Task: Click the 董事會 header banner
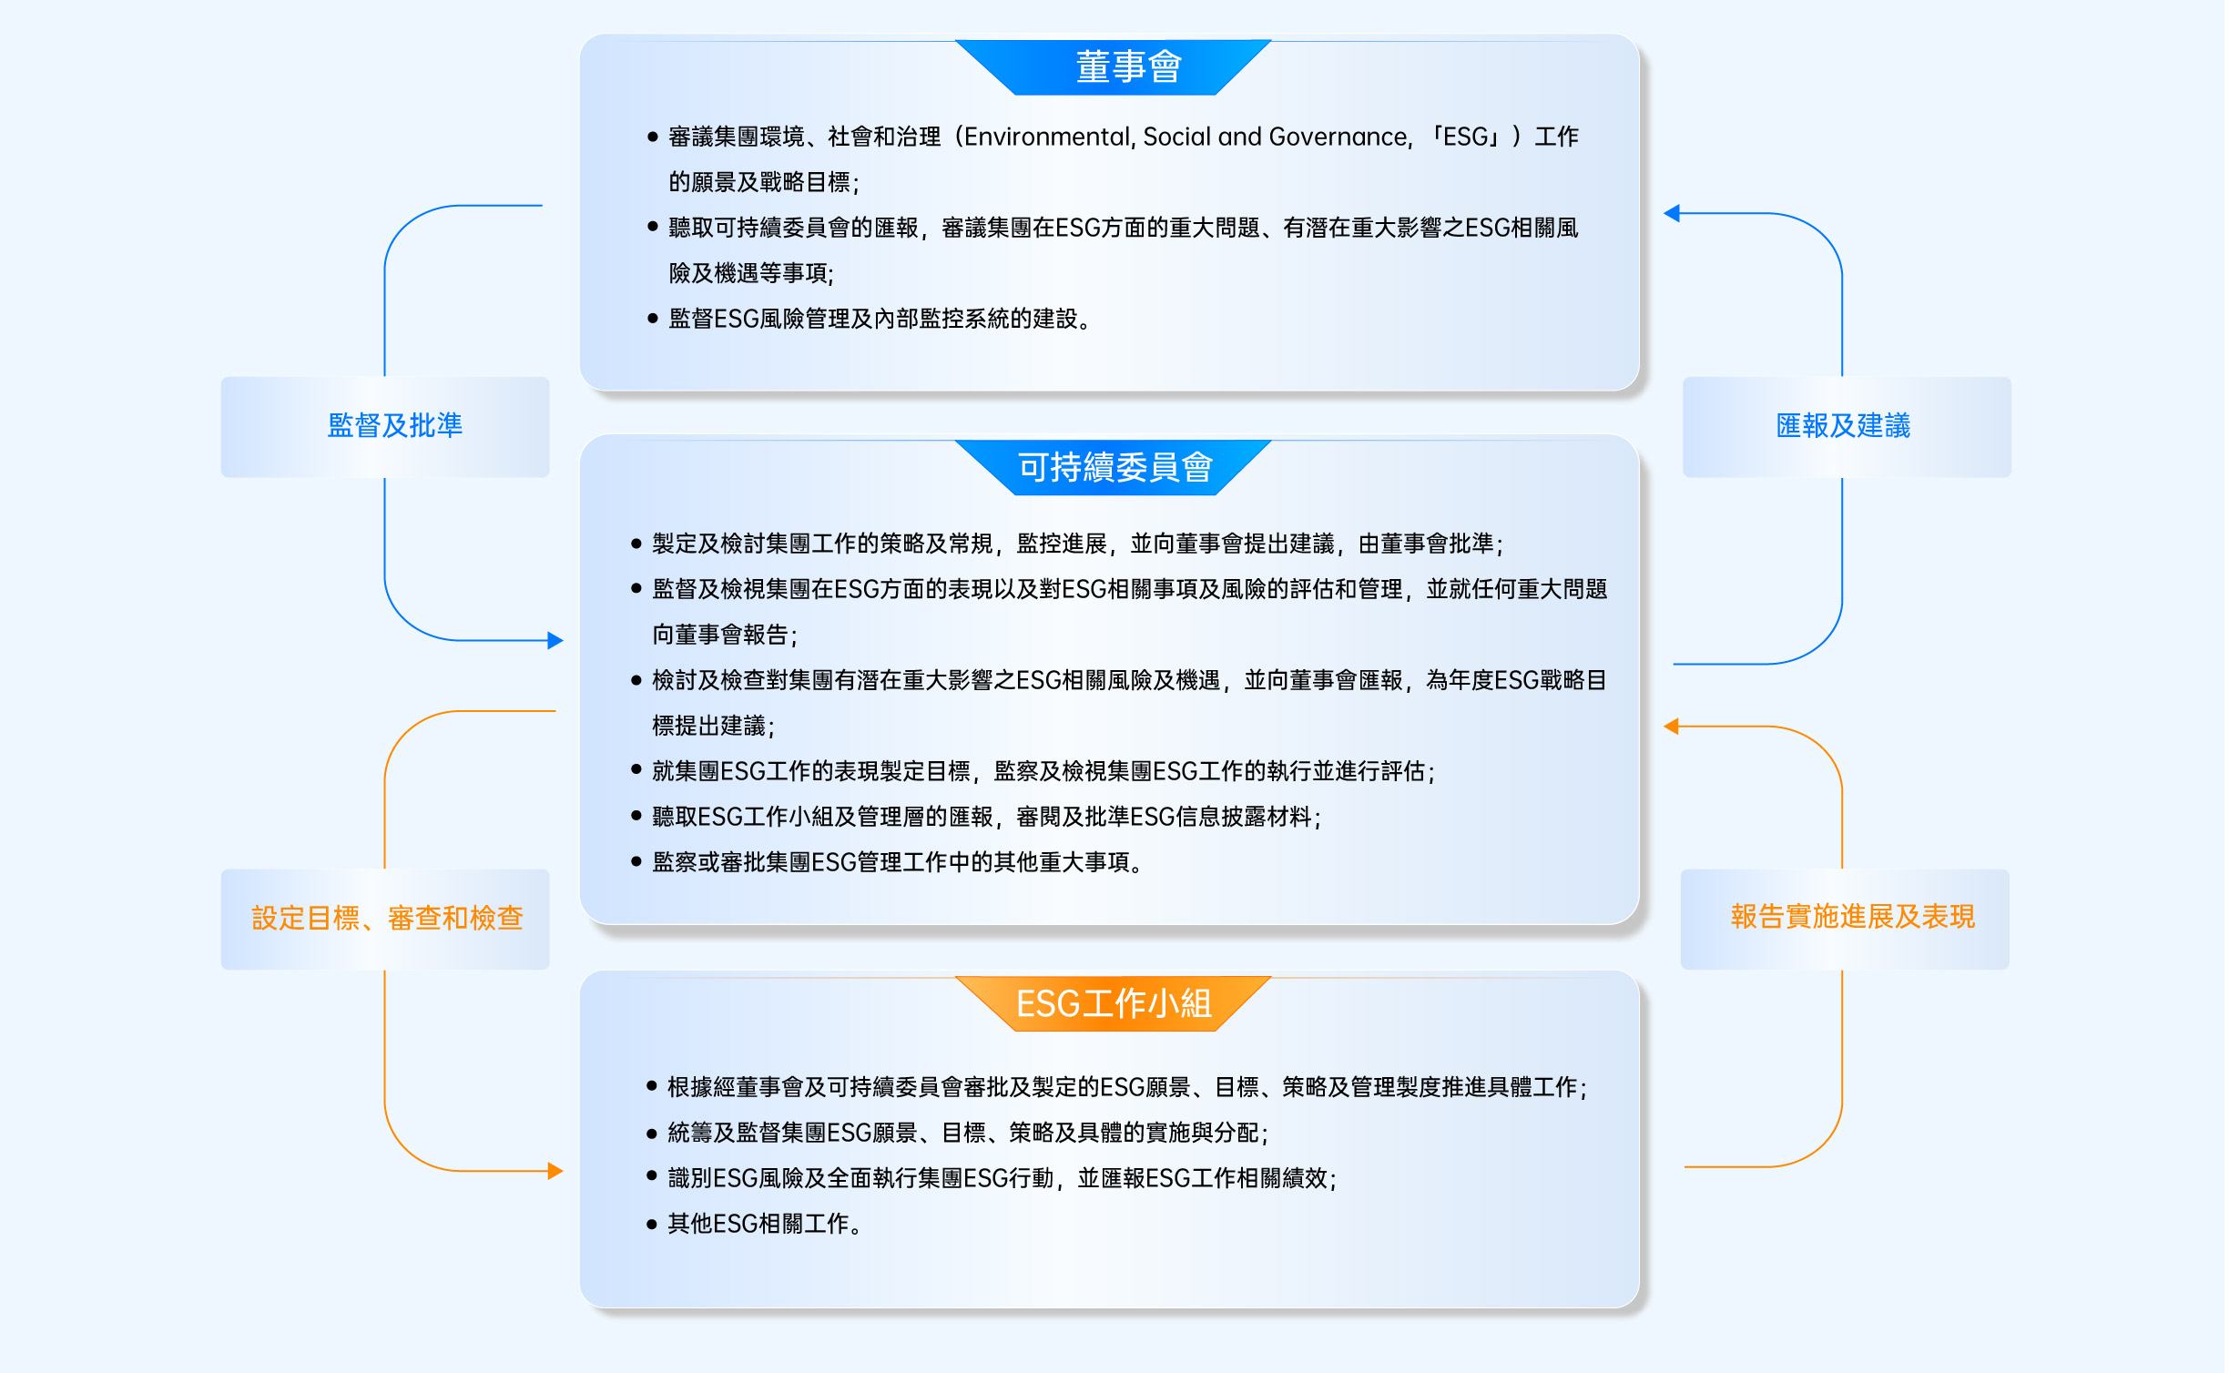click(x=1113, y=67)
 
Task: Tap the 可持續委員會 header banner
click(x=1113, y=468)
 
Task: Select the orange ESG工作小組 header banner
click(x=1113, y=1004)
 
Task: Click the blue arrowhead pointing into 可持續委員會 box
click(x=555, y=640)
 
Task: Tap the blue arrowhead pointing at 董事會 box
click(x=1672, y=213)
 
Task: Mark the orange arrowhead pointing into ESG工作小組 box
click(x=555, y=1171)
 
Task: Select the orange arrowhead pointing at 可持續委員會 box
click(x=1672, y=726)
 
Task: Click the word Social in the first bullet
click(x=1177, y=137)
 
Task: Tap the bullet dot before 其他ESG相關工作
click(x=652, y=1225)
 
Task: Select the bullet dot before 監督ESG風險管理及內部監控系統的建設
click(x=652, y=319)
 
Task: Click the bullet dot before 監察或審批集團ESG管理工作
click(x=636, y=862)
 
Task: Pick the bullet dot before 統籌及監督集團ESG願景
click(x=652, y=1134)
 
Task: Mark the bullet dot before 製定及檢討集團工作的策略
click(x=636, y=544)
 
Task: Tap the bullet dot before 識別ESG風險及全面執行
click(x=652, y=1176)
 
